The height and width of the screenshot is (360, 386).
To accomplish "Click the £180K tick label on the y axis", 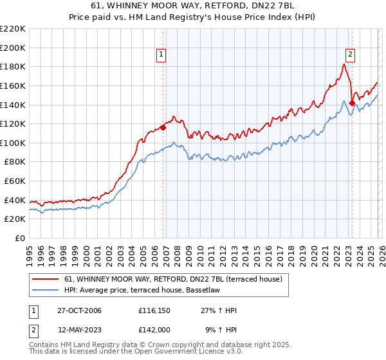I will click(x=13, y=66).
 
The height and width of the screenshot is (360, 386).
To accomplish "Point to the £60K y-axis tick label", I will click(x=15, y=181).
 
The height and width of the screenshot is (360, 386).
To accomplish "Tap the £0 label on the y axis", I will click(x=20, y=238).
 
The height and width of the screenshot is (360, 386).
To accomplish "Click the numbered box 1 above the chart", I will click(x=160, y=55).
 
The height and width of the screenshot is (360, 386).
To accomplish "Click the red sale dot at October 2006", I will click(x=163, y=127).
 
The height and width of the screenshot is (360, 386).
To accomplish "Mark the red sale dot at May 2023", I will click(x=352, y=103).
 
